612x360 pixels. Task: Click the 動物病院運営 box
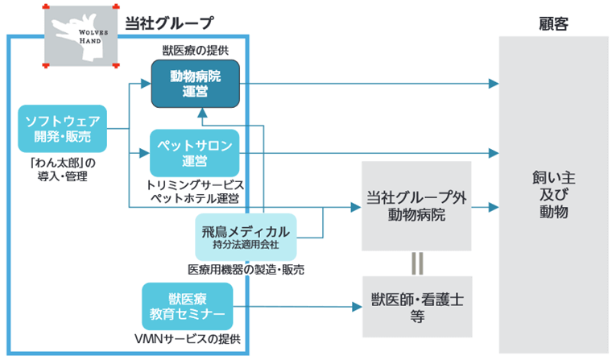coord(195,84)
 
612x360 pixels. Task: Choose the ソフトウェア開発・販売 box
coord(63,130)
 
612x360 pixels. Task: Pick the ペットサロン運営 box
coord(195,152)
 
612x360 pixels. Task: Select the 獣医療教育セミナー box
coord(187,304)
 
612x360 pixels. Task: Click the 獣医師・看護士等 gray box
coord(416,306)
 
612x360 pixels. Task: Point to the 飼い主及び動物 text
coord(553,194)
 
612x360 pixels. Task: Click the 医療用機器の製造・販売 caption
coord(245,268)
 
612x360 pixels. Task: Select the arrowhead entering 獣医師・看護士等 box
coord(356,306)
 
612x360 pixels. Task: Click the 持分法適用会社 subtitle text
coord(246,244)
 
